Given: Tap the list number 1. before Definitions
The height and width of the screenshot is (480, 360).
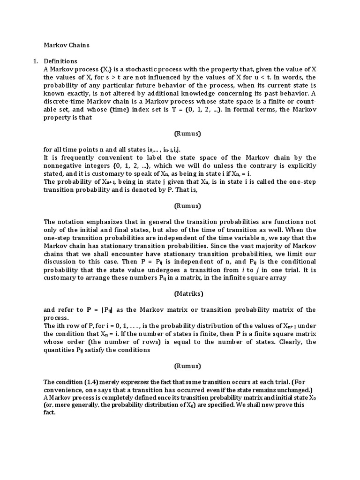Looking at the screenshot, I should pyautogui.click(x=35, y=61).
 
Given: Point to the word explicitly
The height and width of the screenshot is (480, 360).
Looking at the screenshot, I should pyautogui.click(x=299, y=166).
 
